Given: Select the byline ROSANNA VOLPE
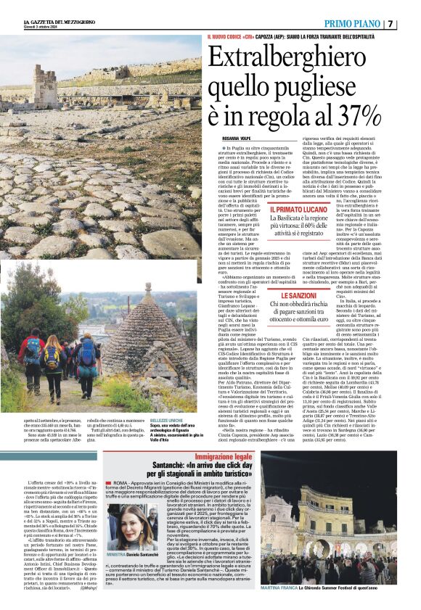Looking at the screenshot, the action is click(x=237, y=137).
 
